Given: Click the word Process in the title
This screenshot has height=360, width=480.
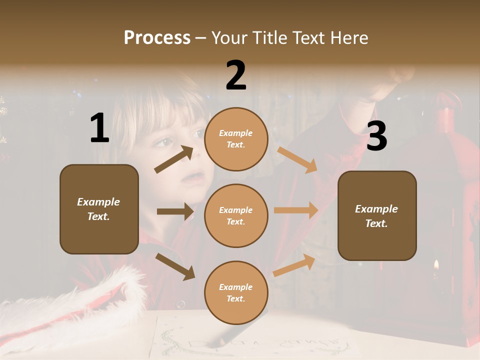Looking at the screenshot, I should point(157,37).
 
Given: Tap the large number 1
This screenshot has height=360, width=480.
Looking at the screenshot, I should point(99,128).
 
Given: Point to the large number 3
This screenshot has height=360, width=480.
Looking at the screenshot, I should point(376,136).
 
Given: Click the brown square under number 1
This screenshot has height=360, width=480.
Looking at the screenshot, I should point(99,209).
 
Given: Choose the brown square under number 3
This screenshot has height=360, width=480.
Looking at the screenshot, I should point(377,215).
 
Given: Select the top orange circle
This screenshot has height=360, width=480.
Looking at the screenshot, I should point(236,138).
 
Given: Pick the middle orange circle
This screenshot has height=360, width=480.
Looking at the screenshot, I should point(236,215).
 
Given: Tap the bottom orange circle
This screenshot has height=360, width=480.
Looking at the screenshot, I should point(236,292).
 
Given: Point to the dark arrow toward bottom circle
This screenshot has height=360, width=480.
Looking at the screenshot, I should point(175,266).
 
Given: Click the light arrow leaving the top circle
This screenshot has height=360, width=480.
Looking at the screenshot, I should point(297,159).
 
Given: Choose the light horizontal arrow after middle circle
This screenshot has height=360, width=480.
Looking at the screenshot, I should point(296,210).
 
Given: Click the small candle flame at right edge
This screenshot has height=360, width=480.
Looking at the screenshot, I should point(436,264).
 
